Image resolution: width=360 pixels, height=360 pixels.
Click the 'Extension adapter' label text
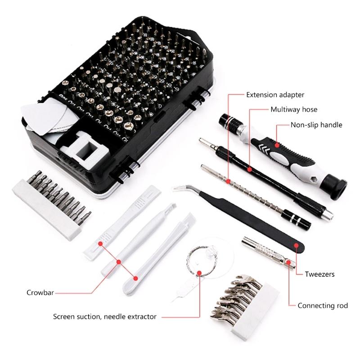point(275,95)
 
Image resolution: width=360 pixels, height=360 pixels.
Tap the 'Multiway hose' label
point(293,109)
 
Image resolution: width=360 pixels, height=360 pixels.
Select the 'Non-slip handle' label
point(316,125)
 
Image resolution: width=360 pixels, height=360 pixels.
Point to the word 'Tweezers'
point(319,274)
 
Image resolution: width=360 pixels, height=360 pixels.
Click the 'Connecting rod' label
point(323,306)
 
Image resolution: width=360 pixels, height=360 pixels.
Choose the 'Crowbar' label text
point(40,292)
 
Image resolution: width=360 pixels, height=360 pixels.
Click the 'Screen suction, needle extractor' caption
point(105,316)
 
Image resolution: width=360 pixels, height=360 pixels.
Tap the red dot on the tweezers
point(297,245)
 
